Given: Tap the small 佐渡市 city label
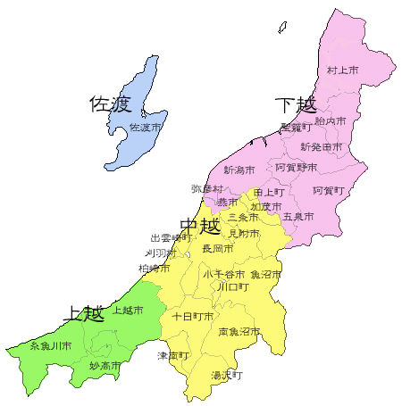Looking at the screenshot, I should [x=146, y=128].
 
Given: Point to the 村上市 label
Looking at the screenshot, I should [x=342, y=70].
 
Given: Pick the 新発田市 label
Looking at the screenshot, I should [x=322, y=146].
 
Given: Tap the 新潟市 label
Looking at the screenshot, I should [x=239, y=170].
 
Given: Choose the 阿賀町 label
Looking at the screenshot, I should [x=328, y=191].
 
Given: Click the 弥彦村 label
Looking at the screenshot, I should [x=206, y=189].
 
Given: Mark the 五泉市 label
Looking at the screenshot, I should [x=297, y=217].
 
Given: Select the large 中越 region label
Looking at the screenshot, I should [x=200, y=226].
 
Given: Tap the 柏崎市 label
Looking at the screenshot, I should [x=154, y=268].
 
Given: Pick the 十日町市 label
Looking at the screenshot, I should [x=192, y=317].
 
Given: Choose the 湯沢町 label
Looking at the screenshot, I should [x=227, y=376].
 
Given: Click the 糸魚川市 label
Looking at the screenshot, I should [x=50, y=345].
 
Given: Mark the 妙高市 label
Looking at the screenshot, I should [x=105, y=366].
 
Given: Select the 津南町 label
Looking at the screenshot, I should [x=174, y=355].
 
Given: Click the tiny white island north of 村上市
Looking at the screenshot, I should [x=282, y=27].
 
